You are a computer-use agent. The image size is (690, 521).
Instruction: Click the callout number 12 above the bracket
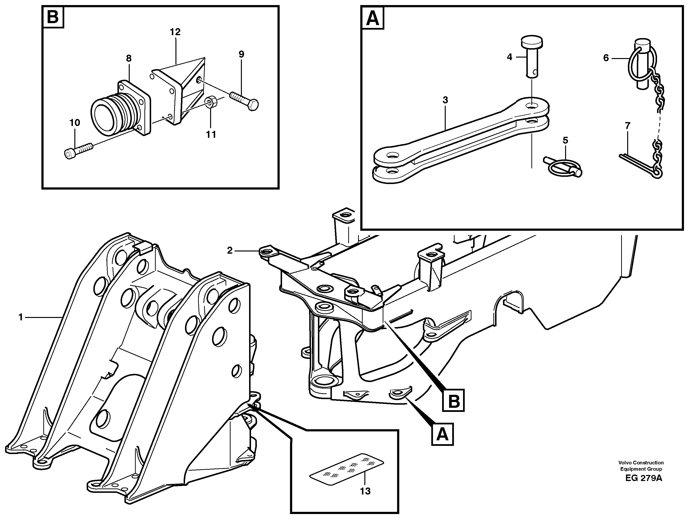(x=175, y=32)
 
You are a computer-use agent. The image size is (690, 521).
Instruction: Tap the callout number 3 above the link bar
(x=445, y=100)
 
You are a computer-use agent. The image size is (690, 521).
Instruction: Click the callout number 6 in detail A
(x=606, y=58)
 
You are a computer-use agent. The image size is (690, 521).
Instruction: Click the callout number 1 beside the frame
(x=21, y=318)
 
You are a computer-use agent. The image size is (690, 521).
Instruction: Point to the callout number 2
(x=230, y=250)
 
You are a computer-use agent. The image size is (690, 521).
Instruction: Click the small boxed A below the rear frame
(x=442, y=434)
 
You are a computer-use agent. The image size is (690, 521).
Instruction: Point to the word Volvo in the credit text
(x=625, y=463)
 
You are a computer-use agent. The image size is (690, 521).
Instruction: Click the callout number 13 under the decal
(x=365, y=491)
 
